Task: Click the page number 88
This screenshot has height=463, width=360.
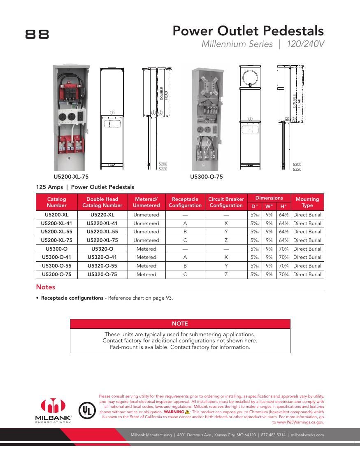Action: [x=37, y=34]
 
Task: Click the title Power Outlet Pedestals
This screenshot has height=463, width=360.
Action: [x=248, y=31]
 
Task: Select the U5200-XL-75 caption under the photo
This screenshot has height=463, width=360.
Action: [x=71, y=177]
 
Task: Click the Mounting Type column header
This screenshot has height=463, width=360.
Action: [x=307, y=202]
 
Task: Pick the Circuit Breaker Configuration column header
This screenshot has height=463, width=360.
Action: [x=226, y=202]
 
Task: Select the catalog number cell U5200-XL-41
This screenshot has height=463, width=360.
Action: [x=56, y=223]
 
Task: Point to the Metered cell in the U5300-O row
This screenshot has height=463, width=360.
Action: [x=146, y=249]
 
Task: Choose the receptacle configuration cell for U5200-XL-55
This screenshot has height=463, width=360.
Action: [x=185, y=232]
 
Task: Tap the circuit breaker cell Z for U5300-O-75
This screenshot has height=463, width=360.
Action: [x=226, y=275]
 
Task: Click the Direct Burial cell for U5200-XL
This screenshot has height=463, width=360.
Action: [x=307, y=215]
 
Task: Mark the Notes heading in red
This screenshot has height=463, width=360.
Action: [x=46, y=287]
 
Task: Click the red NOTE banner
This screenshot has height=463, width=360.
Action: [x=180, y=324]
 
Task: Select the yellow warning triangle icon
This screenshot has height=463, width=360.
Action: [x=188, y=412]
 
